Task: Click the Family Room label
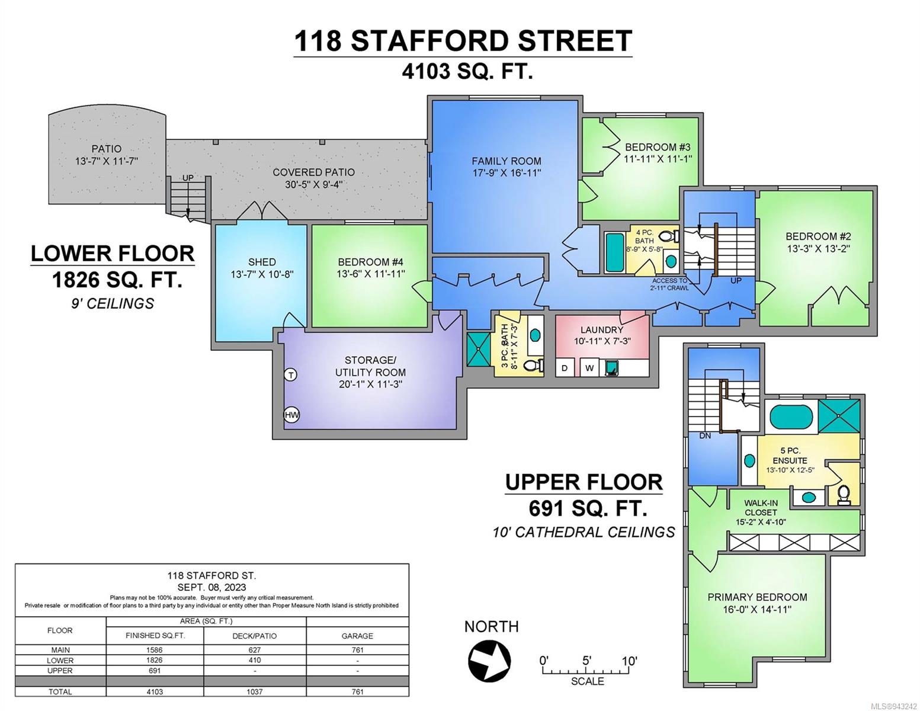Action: coord(507,161)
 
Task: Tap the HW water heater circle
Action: coord(291,415)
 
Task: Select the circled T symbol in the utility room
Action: coord(291,375)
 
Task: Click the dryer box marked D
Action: coord(565,368)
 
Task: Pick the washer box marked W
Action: coord(589,368)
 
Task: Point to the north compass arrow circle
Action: coord(489,661)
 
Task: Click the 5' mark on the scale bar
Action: coord(586,660)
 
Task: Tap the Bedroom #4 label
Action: coord(370,262)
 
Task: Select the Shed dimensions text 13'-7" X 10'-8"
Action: coord(262,274)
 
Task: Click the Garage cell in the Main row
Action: coord(357,649)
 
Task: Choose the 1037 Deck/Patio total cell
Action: coord(255,691)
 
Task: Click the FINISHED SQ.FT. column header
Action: coord(155,636)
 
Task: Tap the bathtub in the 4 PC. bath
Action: coord(614,252)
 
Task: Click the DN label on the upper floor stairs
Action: coord(705,435)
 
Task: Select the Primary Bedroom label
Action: coord(758,597)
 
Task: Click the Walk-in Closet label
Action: coord(761,508)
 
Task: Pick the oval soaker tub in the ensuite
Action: coord(791,417)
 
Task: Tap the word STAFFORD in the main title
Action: coord(428,41)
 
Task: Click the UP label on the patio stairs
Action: coord(188,178)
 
